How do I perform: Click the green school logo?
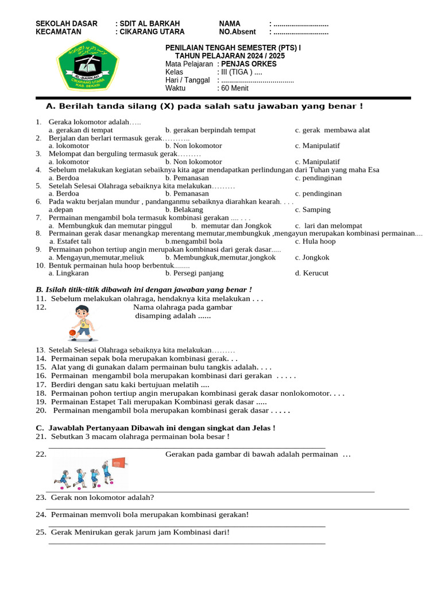coord(87,68)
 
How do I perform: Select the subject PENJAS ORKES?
coord(249,64)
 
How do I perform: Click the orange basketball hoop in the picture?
coord(118,462)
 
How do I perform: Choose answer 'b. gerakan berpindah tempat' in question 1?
coord(210,130)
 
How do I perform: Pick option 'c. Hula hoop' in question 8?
coord(315,241)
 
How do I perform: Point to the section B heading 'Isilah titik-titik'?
coord(144,289)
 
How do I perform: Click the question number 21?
coord(41,437)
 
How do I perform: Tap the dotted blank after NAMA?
coord(301,24)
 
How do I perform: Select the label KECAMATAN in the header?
coord(58,32)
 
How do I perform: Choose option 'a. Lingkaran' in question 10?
coord(68,273)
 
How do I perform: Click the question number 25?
coord(41,532)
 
